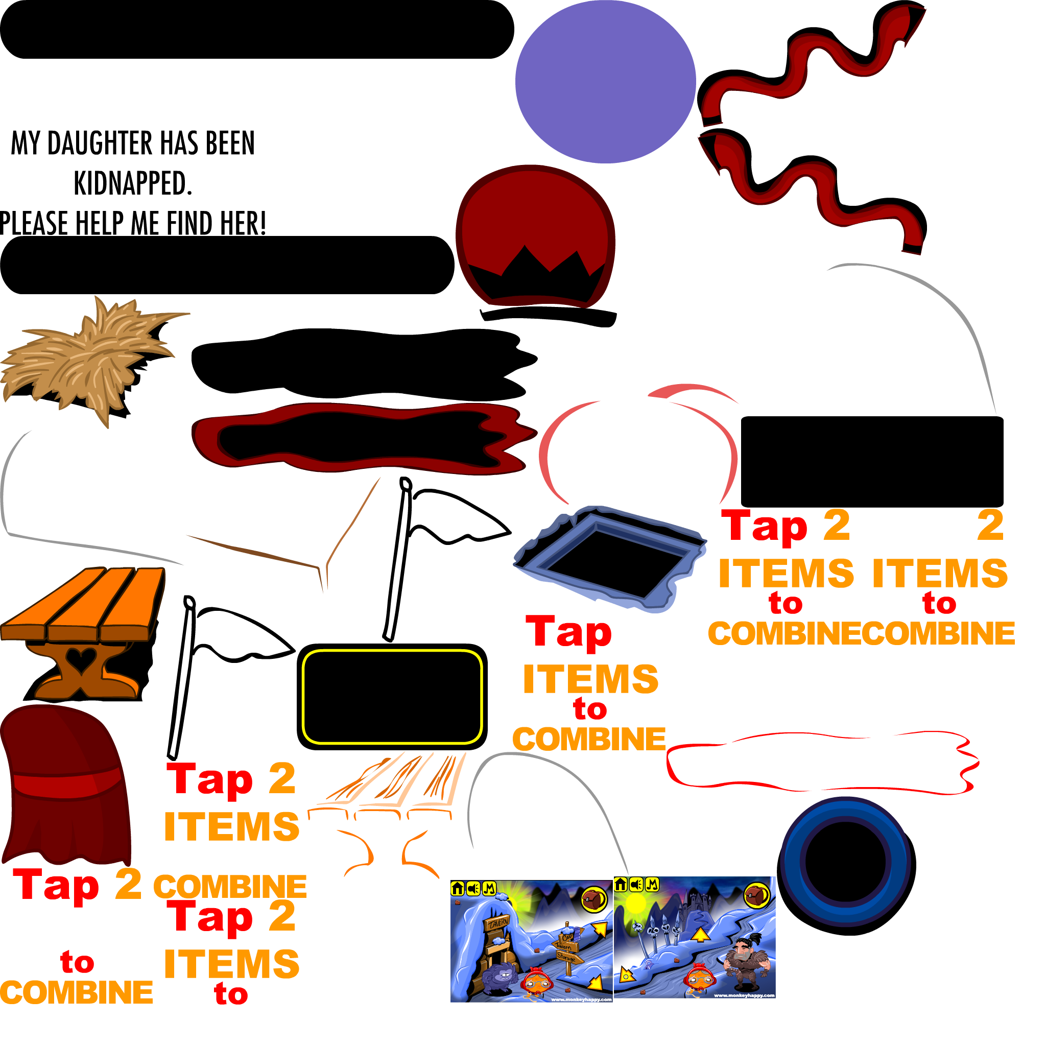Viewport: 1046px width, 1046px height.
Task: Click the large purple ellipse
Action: click(605, 81)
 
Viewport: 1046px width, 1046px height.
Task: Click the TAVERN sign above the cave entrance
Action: click(496, 922)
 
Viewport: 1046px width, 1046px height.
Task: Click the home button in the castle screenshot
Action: click(621, 885)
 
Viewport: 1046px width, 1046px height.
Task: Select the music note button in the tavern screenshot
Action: click(489, 889)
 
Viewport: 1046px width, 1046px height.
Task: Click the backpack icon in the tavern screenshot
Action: click(594, 899)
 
